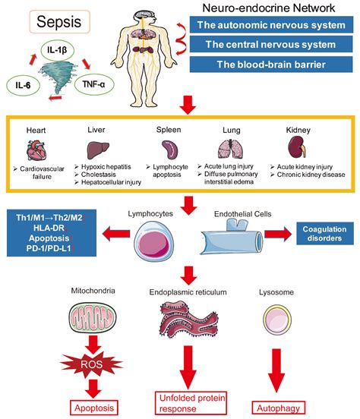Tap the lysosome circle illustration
(x=275, y=317)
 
